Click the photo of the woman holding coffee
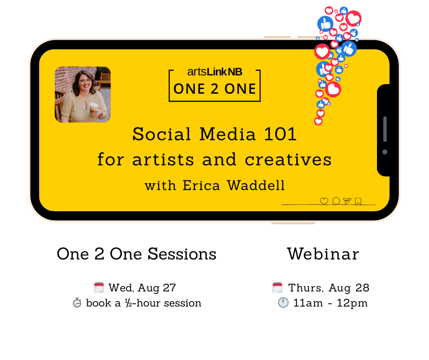click(83, 94)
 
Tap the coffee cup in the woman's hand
click(94, 108)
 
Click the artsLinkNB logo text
click(215, 72)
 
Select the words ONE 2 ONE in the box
click(215, 89)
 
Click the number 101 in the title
click(280, 134)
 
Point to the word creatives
click(288, 159)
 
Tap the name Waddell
click(256, 185)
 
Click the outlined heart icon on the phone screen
click(324, 201)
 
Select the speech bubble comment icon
click(336, 201)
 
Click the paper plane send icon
click(347, 201)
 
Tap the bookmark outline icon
click(358, 201)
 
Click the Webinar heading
click(323, 254)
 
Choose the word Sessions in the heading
click(182, 254)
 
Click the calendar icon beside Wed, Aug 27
click(99, 287)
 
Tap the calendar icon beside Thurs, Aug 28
click(277, 287)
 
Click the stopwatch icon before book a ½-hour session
click(77, 303)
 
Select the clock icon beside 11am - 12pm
click(283, 303)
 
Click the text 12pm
click(352, 303)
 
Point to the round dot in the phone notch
click(385, 152)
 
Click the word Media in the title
click(227, 134)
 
